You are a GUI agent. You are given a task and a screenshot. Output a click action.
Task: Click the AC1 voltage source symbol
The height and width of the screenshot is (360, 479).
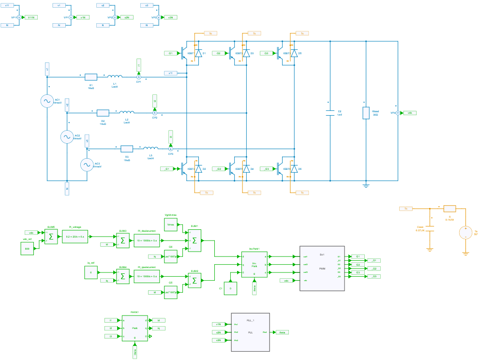click(47, 101)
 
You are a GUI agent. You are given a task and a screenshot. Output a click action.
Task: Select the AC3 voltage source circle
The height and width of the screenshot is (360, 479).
click(87, 165)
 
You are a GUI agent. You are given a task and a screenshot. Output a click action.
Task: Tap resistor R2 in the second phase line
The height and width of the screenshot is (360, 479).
click(103, 113)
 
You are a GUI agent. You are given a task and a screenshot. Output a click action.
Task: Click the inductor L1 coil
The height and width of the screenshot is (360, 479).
click(115, 76)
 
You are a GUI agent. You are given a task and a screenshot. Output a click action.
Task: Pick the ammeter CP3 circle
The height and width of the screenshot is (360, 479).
click(170, 149)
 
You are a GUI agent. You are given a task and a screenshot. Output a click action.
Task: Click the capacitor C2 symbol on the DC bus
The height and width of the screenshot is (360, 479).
click(330, 113)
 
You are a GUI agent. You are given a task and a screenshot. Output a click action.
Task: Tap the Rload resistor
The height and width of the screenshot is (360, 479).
click(366, 113)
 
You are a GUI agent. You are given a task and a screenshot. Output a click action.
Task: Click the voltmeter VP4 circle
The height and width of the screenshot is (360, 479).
click(398, 113)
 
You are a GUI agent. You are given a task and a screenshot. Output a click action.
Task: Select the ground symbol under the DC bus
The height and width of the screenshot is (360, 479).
click(366, 185)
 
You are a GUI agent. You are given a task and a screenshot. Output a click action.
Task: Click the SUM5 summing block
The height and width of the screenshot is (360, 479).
click(51, 237)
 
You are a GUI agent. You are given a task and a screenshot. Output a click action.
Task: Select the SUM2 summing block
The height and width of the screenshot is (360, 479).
click(195, 280)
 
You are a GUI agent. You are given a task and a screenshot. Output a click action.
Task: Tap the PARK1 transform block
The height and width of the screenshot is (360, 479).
click(135, 328)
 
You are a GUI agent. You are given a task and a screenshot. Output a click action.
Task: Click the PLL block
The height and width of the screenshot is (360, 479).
click(250, 332)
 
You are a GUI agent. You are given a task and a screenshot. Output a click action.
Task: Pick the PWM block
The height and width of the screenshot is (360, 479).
click(322, 268)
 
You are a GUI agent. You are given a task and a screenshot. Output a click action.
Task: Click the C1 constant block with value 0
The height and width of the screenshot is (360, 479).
click(230, 288)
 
